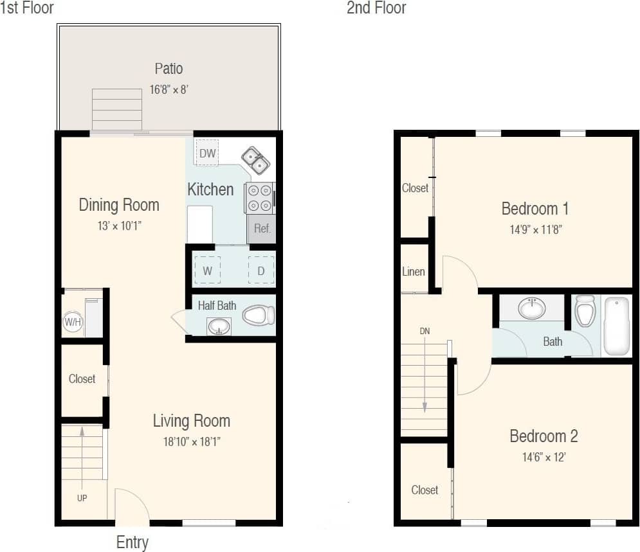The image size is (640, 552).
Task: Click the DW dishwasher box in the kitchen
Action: (207, 153)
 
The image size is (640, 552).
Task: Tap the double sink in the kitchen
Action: (255, 161)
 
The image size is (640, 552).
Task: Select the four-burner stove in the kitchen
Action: (259, 197)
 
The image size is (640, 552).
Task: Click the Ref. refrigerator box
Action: (262, 228)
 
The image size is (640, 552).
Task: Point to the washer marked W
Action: (207, 271)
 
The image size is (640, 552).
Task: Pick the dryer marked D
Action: (261, 271)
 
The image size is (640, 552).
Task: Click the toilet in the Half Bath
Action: (261, 315)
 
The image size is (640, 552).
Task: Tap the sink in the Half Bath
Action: (219, 327)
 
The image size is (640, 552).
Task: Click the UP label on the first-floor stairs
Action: (82, 498)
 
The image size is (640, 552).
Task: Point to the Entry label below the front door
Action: (132, 542)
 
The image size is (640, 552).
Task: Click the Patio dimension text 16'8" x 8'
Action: (169, 89)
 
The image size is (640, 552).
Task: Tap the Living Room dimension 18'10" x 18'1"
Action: (191, 441)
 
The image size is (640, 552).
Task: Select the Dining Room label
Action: (119, 205)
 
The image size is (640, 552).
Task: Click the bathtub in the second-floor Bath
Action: (618, 326)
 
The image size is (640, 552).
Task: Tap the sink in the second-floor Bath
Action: (532, 308)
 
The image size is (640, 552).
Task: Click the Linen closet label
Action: (414, 271)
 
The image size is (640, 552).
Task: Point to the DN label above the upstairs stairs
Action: (425, 331)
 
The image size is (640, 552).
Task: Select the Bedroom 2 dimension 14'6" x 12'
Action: (544, 458)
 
